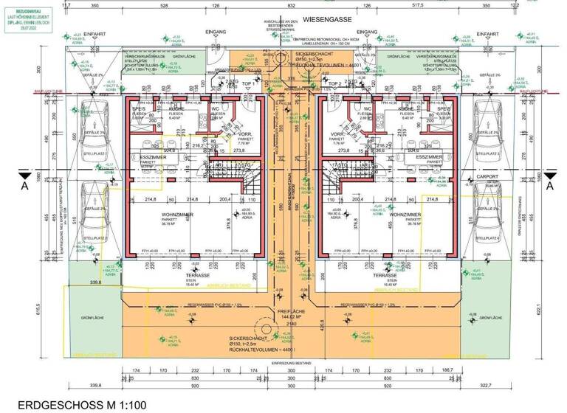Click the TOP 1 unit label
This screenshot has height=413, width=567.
(250, 84)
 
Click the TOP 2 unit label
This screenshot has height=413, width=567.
(334, 84)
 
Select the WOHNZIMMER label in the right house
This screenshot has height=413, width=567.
(404, 215)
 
